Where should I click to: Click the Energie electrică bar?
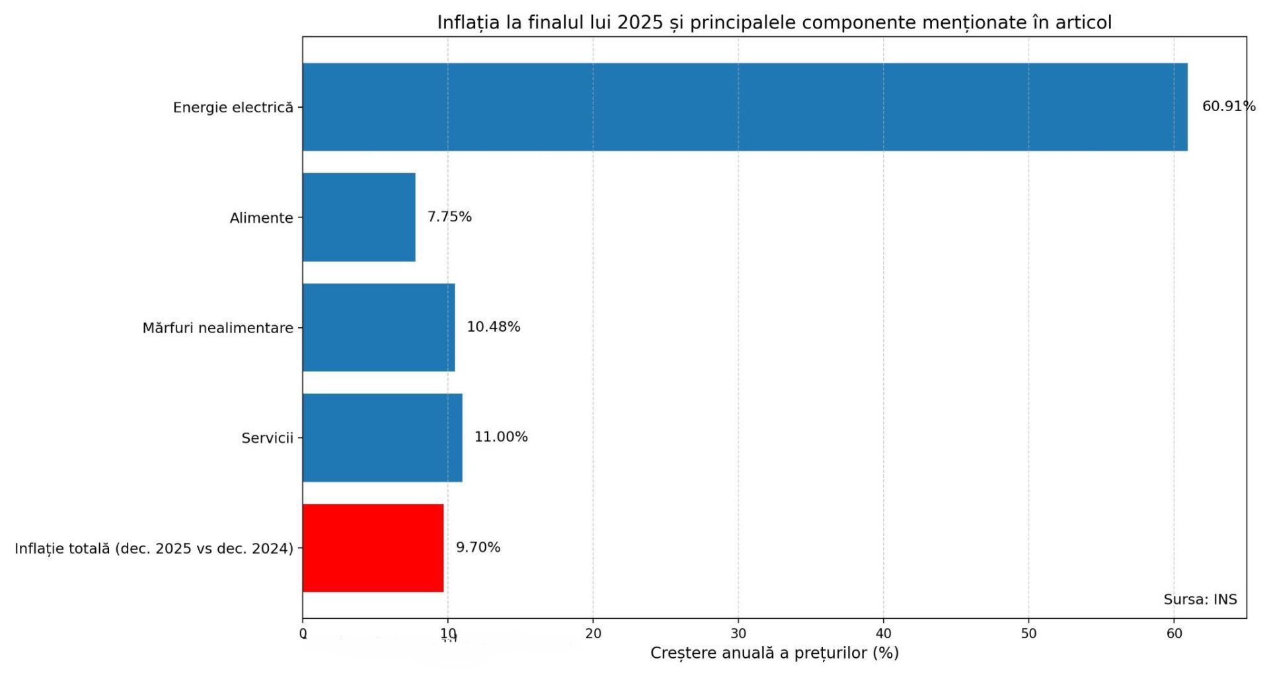coord(745,107)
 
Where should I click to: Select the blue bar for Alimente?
coord(359,217)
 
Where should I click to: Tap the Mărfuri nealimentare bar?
coord(379,327)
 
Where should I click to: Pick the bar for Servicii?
coord(382,438)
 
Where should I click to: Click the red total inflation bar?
coord(373,548)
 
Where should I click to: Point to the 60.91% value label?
coord(1228,106)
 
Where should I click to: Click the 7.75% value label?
coord(449,217)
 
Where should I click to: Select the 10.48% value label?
coord(493,327)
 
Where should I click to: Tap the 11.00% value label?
coord(500,437)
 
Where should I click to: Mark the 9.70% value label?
coord(478,547)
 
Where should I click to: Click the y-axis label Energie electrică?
coord(233,108)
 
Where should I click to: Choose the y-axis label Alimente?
coord(261,218)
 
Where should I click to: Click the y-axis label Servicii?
coord(267,438)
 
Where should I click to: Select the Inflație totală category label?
coord(153,549)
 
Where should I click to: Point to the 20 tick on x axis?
coord(593,633)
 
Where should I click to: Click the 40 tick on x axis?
coord(884,633)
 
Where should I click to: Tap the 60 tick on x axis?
coord(1174,633)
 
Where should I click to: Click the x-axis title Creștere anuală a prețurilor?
coord(774,653)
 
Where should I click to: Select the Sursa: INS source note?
coord(1200,600)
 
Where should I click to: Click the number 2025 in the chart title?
coord(640,22)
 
